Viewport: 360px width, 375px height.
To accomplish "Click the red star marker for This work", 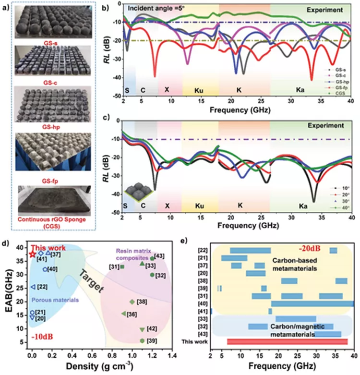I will pos(32,254).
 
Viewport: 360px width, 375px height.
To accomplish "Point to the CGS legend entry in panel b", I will pos(339,93).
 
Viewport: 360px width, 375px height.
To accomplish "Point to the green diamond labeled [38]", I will pos(132,302).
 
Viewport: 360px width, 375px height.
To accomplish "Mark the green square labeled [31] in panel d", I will pos(122,266).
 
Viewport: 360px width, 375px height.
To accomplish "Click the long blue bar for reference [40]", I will pos(312,303).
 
